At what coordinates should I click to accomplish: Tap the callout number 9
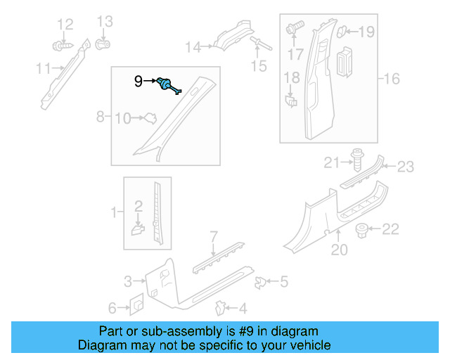[x=139, y=82]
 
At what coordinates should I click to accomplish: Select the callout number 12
[x=65, y=25]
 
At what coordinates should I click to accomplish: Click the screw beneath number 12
[x=61, y=46]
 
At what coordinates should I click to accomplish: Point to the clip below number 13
[x=102, y=46]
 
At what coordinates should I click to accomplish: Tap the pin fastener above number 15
[x=259, y=44]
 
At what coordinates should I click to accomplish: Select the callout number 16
[x=392, y=79]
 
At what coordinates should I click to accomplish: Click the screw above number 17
[x=294, y=29]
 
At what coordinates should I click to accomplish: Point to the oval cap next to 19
[x=342, y=31]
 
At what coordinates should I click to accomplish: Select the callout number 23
[x=406, y=167]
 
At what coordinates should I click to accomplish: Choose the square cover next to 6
[x=136, y=304]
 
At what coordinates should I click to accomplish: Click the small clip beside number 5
[x=260, y=282]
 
